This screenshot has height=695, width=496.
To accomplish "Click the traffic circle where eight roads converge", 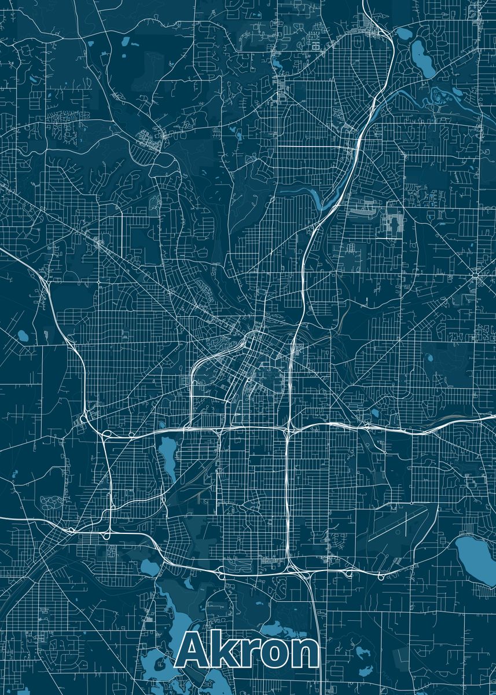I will pyautogui.click(x=476, y=276).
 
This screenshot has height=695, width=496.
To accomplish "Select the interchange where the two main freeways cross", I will pyautogui.click(x=288, y=429).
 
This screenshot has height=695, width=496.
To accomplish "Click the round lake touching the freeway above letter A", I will pyautogui.click(x=149, y=567).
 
